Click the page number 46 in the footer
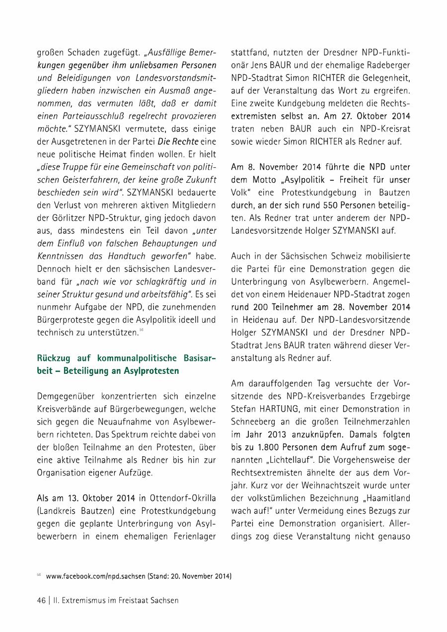tap(41, 600)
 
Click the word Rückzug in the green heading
tap(55, 359)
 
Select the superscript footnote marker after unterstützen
tap(142, 329)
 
